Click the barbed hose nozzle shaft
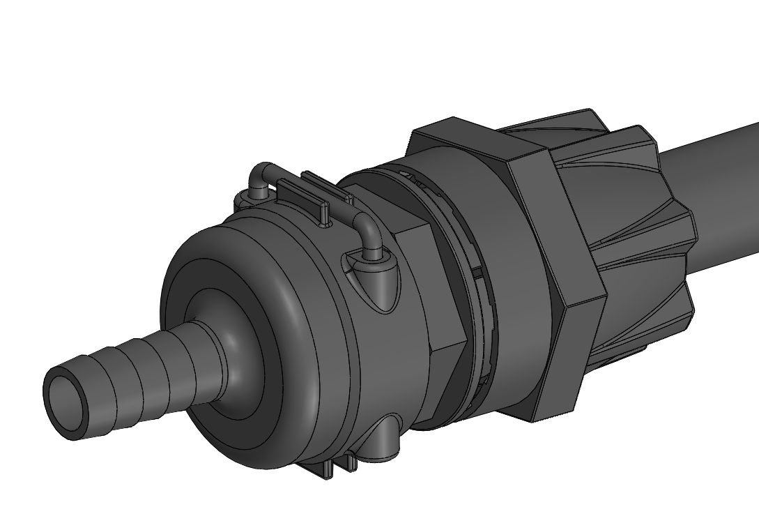139,369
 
